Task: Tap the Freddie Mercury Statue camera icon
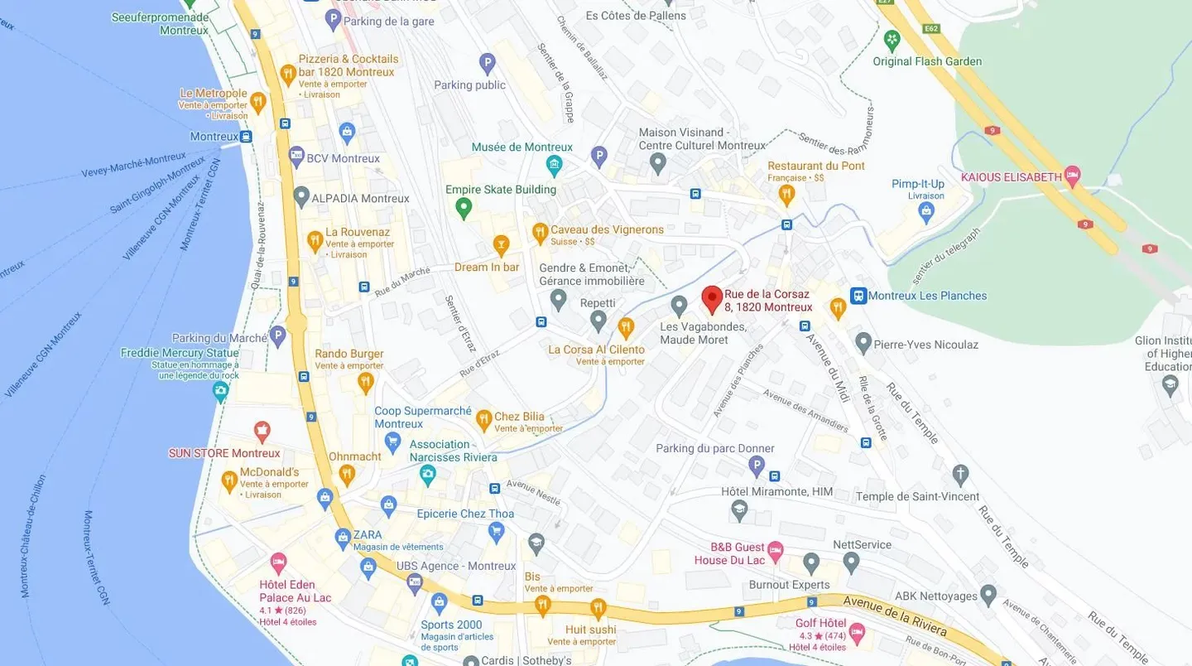tap(220, 389)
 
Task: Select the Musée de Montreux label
tap(521, 147)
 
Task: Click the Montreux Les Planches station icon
tap(858, 296)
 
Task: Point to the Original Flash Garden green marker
tap(892, 40)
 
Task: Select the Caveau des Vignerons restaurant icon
tap(540, 232)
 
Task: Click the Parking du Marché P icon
tap(278, 336)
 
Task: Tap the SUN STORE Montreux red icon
tap(262, 431)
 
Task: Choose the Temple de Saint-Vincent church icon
tap(960, 475)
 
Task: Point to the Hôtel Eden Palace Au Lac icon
tap(278, 562)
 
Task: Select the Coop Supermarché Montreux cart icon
tap(393, 441)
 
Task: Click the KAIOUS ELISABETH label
tap(1011, 177)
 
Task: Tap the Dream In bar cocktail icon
tap(501, 244)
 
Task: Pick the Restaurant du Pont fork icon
tap(786, 195)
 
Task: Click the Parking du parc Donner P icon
tap(757, 466)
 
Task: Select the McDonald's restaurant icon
tap(229, 480)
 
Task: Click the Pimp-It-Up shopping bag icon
tap(926, 211)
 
